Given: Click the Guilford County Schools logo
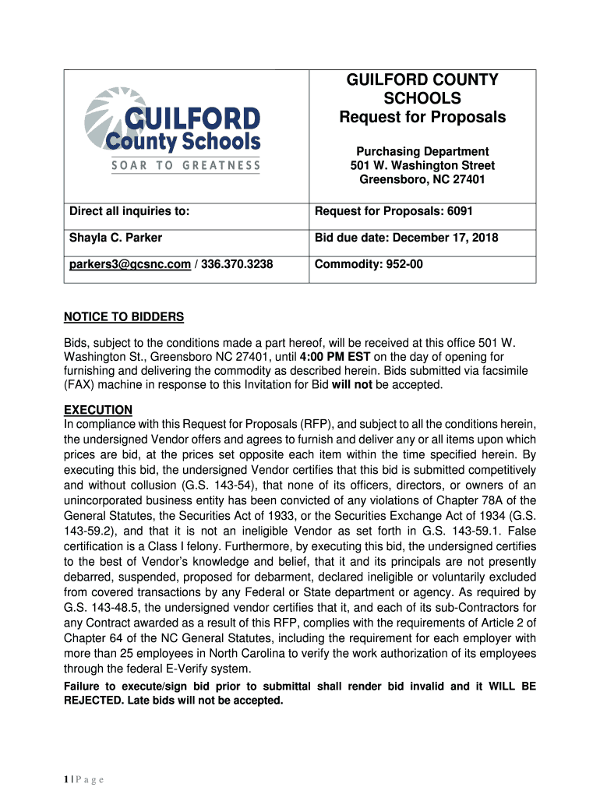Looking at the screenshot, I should (x=171, y=129).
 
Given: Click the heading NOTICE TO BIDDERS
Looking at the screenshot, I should (x=124, y=317).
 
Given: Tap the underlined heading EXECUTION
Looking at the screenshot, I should (x=98, y=410).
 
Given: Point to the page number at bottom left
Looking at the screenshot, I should (x=79, y=779).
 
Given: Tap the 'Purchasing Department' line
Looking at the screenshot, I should (x=422, y=151).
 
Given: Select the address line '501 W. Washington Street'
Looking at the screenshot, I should (x=422, y=165).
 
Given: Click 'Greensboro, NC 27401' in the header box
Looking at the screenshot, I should (x=422, y=179).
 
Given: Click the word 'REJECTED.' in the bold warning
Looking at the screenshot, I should (x=95, y=700).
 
